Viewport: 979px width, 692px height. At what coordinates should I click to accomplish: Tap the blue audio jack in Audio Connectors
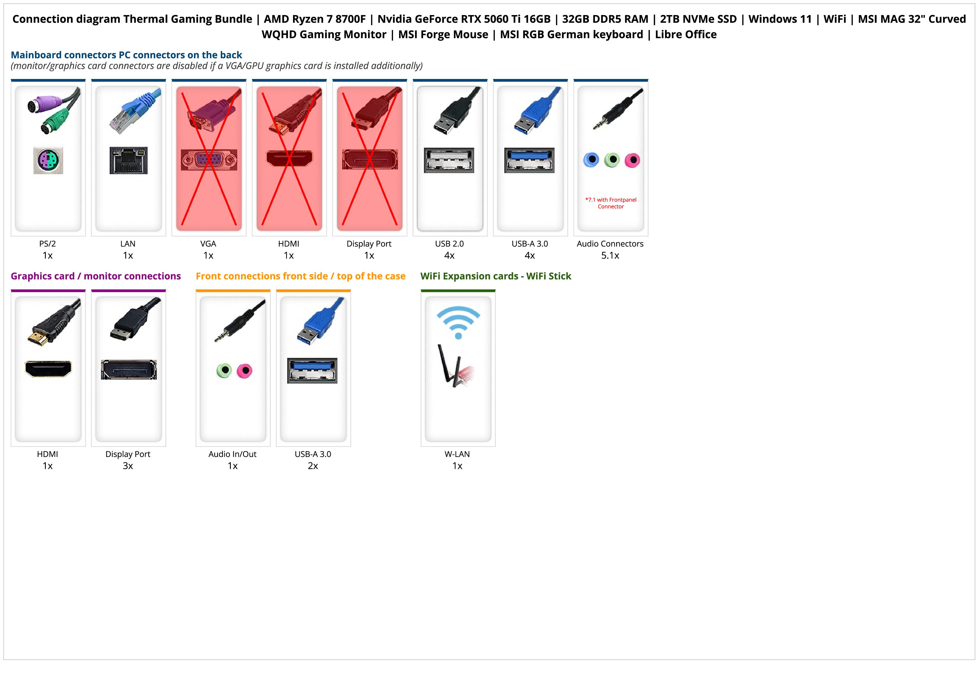click(x=591, y=160)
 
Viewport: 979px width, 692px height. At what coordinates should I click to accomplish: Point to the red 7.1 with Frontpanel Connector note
click(x=611, y=203)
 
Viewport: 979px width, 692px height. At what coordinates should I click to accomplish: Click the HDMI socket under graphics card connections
click(x=48, y=369)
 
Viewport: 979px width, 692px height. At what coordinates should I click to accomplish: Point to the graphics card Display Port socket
click(x=129, y=370)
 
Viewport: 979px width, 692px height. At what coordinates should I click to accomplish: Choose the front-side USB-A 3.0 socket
click(x=312, y=370)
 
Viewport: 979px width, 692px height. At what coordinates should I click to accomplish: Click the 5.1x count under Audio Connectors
click(x=610, y=255)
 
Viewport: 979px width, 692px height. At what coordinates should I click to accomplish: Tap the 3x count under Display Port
click(x=128, y=466)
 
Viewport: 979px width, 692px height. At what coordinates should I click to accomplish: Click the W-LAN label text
click(x=457, y=454)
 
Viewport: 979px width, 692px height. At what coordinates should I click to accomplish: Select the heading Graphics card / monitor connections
click(x=96, y=276)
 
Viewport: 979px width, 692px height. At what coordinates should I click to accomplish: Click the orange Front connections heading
click(x=301, y=276)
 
